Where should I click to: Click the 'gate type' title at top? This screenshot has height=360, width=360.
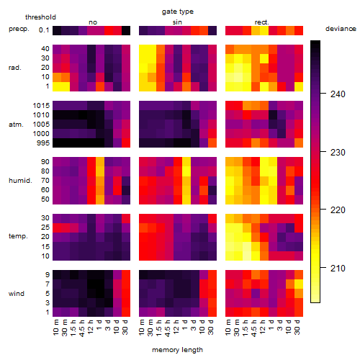tap(178, 12)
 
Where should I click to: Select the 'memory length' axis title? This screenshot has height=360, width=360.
tap(177, 350)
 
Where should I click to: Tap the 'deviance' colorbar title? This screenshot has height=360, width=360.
tap(341, 29)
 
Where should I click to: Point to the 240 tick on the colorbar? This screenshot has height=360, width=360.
tap(323, 94)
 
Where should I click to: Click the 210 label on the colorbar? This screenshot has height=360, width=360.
tap(338, 268)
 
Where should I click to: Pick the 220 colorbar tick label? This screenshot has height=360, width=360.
tap(338, 210)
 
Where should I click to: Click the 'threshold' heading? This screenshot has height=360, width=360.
tap(40, 17)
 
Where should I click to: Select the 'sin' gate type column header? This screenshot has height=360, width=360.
tap(177, 22)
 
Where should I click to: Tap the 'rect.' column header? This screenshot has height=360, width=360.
tap(261, 22)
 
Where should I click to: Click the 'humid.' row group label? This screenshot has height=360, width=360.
tap(20, 181)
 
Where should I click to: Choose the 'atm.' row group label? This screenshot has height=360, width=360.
tap(16, 125)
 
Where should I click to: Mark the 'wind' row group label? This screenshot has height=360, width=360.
tap(17, 294)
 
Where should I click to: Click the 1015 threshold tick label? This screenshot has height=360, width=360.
tap(41, 106)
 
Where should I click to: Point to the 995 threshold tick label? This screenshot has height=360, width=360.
tap(43, 143)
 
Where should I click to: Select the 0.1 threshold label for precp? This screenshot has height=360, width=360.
tap(44, 30)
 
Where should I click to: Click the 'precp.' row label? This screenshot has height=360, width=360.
tap(19, 29)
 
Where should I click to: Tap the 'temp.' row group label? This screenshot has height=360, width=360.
tap(18, 236)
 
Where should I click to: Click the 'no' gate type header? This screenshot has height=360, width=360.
tap(93, 22)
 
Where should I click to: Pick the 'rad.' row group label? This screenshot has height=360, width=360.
tap(15, 68)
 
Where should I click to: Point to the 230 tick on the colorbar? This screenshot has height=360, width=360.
tap(323, 152)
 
